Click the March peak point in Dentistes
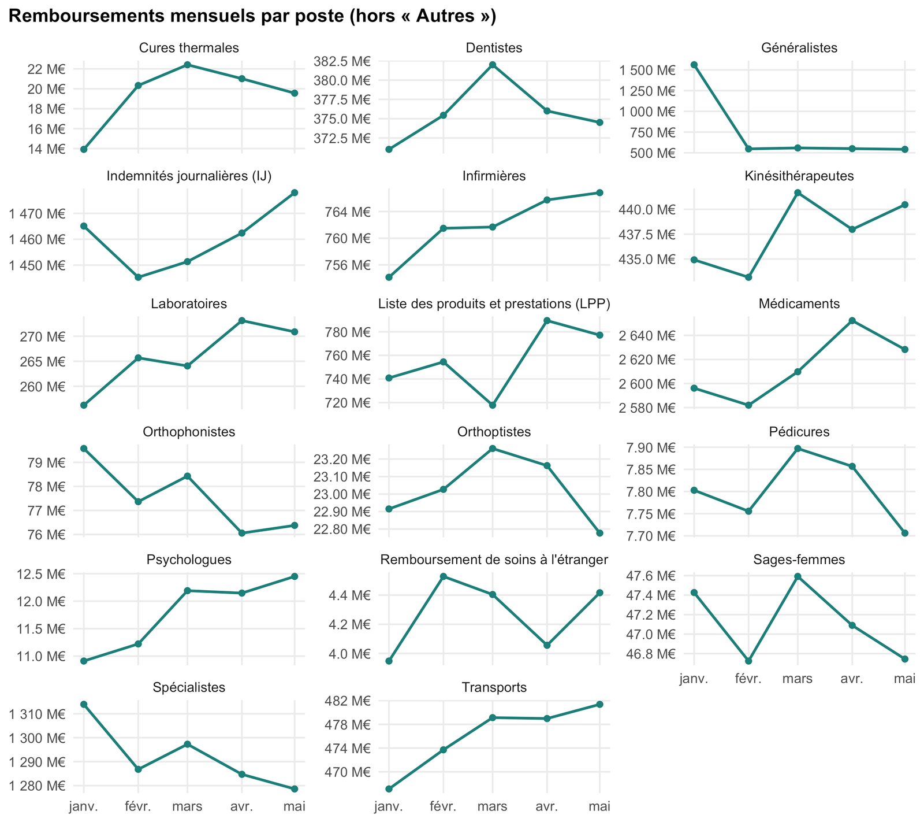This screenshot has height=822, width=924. click(x=493, y=65)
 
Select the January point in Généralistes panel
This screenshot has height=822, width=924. click(x=694, y=65)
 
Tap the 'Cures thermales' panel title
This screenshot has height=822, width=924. click(x=189, y=48)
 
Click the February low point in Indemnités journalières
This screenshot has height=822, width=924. click(x=138, y=277)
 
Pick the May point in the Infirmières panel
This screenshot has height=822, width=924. click(x=599, y=192)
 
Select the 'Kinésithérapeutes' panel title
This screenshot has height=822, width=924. click(x=799, y=176)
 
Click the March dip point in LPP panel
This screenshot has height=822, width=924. click(x=493, y=405)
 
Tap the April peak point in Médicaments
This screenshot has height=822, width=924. click(x=852, y=321)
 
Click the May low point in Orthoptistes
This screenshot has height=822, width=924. click(x=599, y=533)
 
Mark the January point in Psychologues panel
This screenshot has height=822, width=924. click(x=84, y=661)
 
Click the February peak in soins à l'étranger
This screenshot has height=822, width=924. click(x=443, y=576)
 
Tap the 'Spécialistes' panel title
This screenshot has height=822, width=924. click(x=189, y=687)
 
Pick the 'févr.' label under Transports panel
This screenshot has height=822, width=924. click(x=443, y=806)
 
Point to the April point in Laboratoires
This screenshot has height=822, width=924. click(x=241, y=321)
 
